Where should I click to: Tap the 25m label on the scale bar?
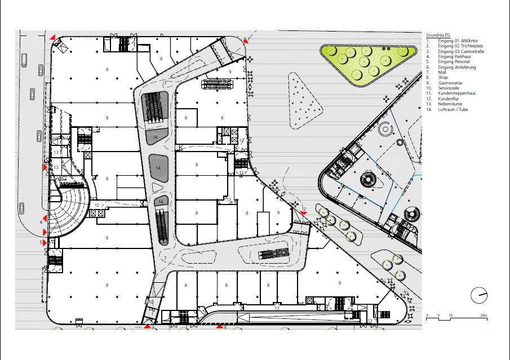(483, 315)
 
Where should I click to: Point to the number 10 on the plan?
(150, 302)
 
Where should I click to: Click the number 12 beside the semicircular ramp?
(97, 205)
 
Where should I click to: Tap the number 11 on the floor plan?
(241, 172)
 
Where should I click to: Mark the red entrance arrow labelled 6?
(220, 326)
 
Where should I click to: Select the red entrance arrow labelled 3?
(147, 326)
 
